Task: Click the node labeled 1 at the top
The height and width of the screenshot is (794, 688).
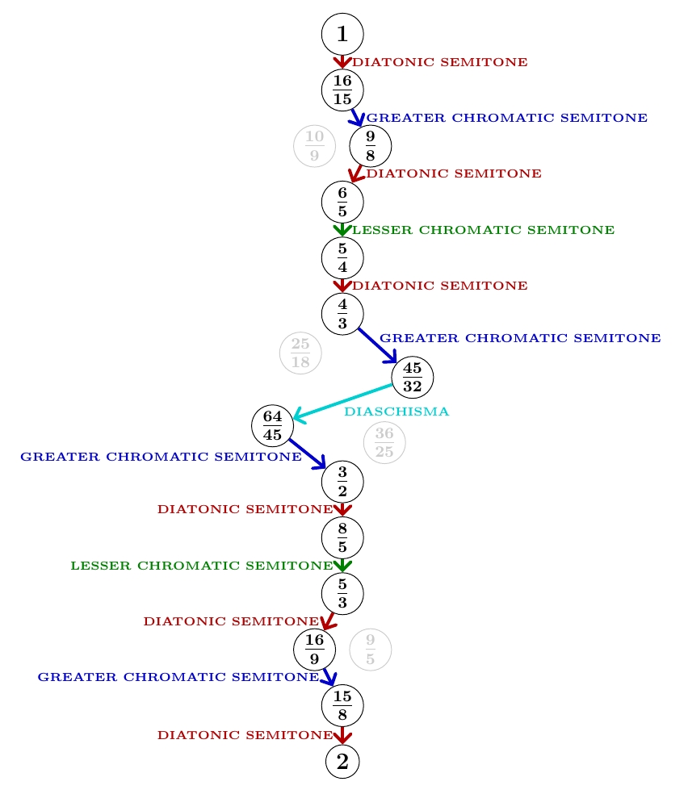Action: [x=342, y=34]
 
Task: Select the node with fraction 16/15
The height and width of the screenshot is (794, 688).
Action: [x=342, y=90]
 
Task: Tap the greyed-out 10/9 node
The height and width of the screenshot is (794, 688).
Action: [x=314, y=146]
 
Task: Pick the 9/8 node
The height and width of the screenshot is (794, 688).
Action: [x=370, y=146]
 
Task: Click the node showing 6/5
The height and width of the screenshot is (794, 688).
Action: [x=342, y=202]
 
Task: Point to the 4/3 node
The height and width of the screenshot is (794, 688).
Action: [x=342, y=314]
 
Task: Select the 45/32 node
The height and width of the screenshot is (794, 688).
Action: [x=413, y=376]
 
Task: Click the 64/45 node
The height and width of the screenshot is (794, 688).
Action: [x=272, y=425]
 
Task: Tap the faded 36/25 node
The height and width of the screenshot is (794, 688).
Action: [x=384, y=443]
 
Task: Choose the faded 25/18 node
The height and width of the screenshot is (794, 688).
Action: [x=300, y=353]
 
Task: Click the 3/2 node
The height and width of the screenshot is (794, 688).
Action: [x=342, y=482]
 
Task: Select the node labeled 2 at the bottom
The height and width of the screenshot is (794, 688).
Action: [x=342, y=762]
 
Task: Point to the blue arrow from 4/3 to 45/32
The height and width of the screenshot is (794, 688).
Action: [x=377, y=345]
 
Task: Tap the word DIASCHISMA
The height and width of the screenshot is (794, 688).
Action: [x=396, y=412]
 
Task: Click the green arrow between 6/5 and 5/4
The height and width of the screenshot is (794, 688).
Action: [x=342, y=229]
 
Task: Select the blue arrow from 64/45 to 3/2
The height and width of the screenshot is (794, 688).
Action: [x=308, y=453]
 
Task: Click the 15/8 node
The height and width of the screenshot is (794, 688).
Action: [x=342, y=706]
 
